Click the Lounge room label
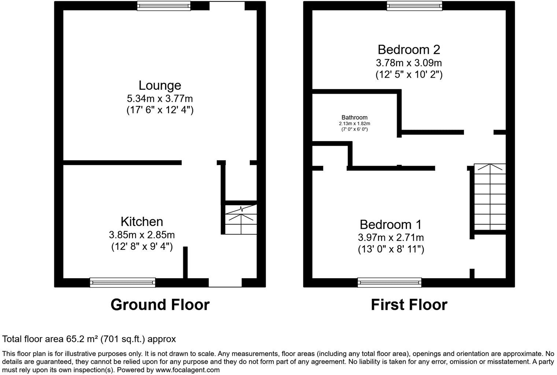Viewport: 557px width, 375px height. click(160, 85)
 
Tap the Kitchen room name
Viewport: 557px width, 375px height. click(142, 222)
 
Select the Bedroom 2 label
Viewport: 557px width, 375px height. click(409, 49)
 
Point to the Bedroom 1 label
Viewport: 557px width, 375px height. click(391, 224)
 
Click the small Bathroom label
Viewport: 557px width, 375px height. click(354, 118)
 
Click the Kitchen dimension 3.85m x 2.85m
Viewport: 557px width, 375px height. click(142, 234)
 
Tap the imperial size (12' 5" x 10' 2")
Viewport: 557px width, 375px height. click(409, 75)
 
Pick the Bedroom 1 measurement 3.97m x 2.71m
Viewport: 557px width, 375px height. click(391, 237)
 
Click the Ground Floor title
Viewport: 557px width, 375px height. click(160, 305)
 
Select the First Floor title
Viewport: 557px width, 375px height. click(409, 305)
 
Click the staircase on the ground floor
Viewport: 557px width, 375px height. click(241, 219)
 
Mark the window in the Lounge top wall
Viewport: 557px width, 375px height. click(164, 5)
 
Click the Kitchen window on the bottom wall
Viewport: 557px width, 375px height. click(123, 282)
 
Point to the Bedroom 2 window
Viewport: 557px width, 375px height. click(414, 5)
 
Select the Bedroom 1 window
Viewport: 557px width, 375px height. click(390, 282)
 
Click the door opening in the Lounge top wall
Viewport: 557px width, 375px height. click(226, 5)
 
